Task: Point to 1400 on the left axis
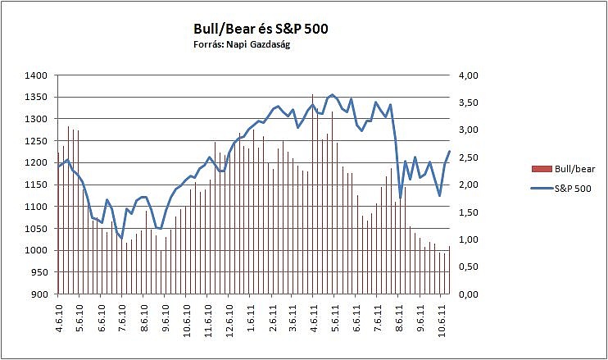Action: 36,75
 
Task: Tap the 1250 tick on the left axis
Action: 36,141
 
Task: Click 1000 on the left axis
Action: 36,250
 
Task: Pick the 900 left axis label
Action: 39,294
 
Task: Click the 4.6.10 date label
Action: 58,316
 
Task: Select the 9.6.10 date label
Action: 166,316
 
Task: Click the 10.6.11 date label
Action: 442,317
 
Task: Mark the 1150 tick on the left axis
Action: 36,185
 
